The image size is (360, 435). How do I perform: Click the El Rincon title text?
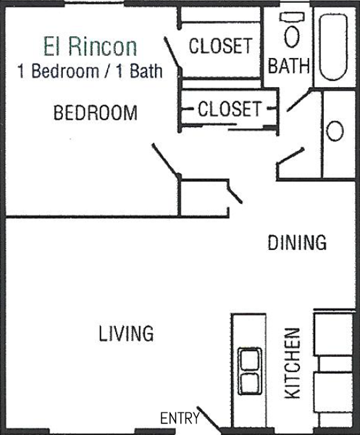coord(91,46)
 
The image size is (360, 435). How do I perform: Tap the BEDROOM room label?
coord(96,112)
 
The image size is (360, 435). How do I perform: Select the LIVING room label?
coord(126,333)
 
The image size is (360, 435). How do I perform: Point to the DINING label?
coord(297,242)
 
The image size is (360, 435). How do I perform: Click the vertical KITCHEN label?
coord(293,363)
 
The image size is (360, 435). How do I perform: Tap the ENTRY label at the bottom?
coord(180,418)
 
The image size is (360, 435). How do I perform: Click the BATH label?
coord(288,66)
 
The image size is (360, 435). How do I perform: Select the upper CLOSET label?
coord(220,46)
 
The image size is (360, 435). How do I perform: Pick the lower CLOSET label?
coord(230,109)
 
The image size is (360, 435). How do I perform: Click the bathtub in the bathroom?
coord(333,47)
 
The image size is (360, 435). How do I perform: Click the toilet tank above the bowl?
coord(292,17)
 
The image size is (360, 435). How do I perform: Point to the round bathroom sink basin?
coord(335,130)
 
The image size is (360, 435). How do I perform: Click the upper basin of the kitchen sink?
coord(250,360)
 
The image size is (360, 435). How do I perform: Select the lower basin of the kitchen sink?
coord(250,383)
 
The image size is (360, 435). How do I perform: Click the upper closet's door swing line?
coord(172,53)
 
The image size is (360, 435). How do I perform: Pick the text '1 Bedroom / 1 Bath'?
coord(90,71)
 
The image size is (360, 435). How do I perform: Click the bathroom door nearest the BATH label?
coord(299,100)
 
